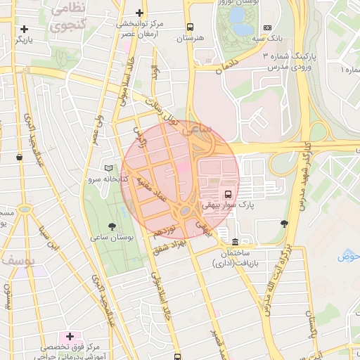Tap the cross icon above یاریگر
point(25,30)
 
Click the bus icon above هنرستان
point(190,27)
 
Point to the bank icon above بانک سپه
point(267,27)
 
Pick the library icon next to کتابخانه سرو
point(108,168)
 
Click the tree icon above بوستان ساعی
point(112,226)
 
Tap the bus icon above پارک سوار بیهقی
point(228,194)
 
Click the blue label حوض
point(349,256)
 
